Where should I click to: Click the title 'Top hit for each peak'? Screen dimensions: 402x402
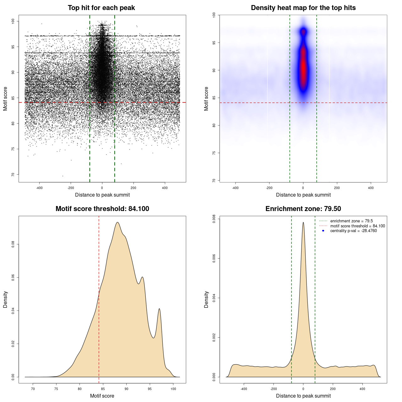click(101, 8)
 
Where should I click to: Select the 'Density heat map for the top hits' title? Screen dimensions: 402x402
click(303, 8)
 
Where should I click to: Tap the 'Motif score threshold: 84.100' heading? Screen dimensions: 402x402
click(102, 209)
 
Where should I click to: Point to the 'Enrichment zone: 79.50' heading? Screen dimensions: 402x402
click(303, 209)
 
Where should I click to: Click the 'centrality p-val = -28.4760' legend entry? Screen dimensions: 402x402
click(353, 231)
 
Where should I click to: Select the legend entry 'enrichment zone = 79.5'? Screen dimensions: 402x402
click(351, 221)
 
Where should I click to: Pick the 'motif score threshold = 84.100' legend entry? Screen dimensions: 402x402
click(357, 226)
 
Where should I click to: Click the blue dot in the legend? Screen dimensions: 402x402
click(323, 231)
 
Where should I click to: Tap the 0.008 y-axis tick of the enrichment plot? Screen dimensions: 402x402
click(214, 219)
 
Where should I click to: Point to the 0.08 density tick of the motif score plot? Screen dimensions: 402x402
click(13, 244)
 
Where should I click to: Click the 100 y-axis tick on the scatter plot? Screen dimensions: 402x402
click(13, 21)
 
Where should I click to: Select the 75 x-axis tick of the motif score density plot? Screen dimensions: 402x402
click(56, 389)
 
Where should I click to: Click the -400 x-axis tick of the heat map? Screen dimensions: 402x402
click(235, 188)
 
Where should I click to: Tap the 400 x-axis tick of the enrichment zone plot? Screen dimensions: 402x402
click(362, 389)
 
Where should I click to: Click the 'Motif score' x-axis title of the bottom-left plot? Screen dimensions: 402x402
click(102, 396)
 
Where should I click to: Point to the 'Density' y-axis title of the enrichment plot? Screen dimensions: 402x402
click(206, 299)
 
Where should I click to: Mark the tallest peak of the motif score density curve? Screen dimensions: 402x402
click(117, 222)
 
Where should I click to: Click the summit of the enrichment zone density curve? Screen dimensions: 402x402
click(303, 222)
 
